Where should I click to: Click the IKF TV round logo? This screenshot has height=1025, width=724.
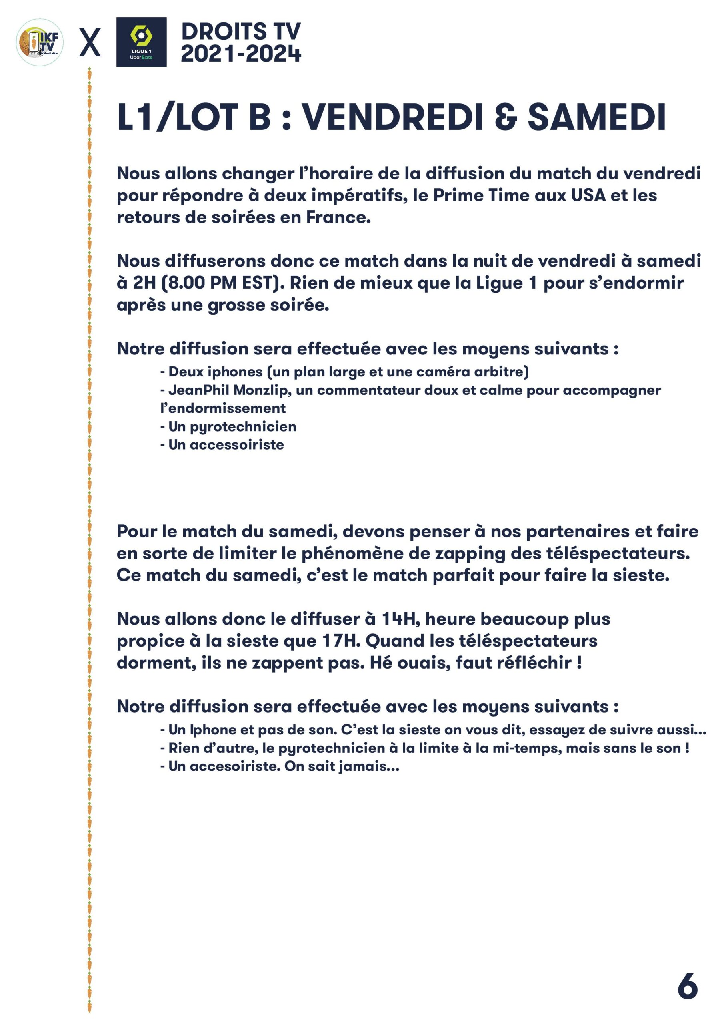tap(40, 42)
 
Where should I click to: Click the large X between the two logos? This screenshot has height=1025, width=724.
tap(90, 43)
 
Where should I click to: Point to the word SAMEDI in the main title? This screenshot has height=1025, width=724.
tap(596, 117)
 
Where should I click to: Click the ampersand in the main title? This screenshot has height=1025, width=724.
tap(506, 117)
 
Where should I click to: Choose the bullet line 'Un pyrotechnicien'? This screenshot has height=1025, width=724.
tap(228, 427)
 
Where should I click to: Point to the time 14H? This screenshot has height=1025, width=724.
tap(400, 619)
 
